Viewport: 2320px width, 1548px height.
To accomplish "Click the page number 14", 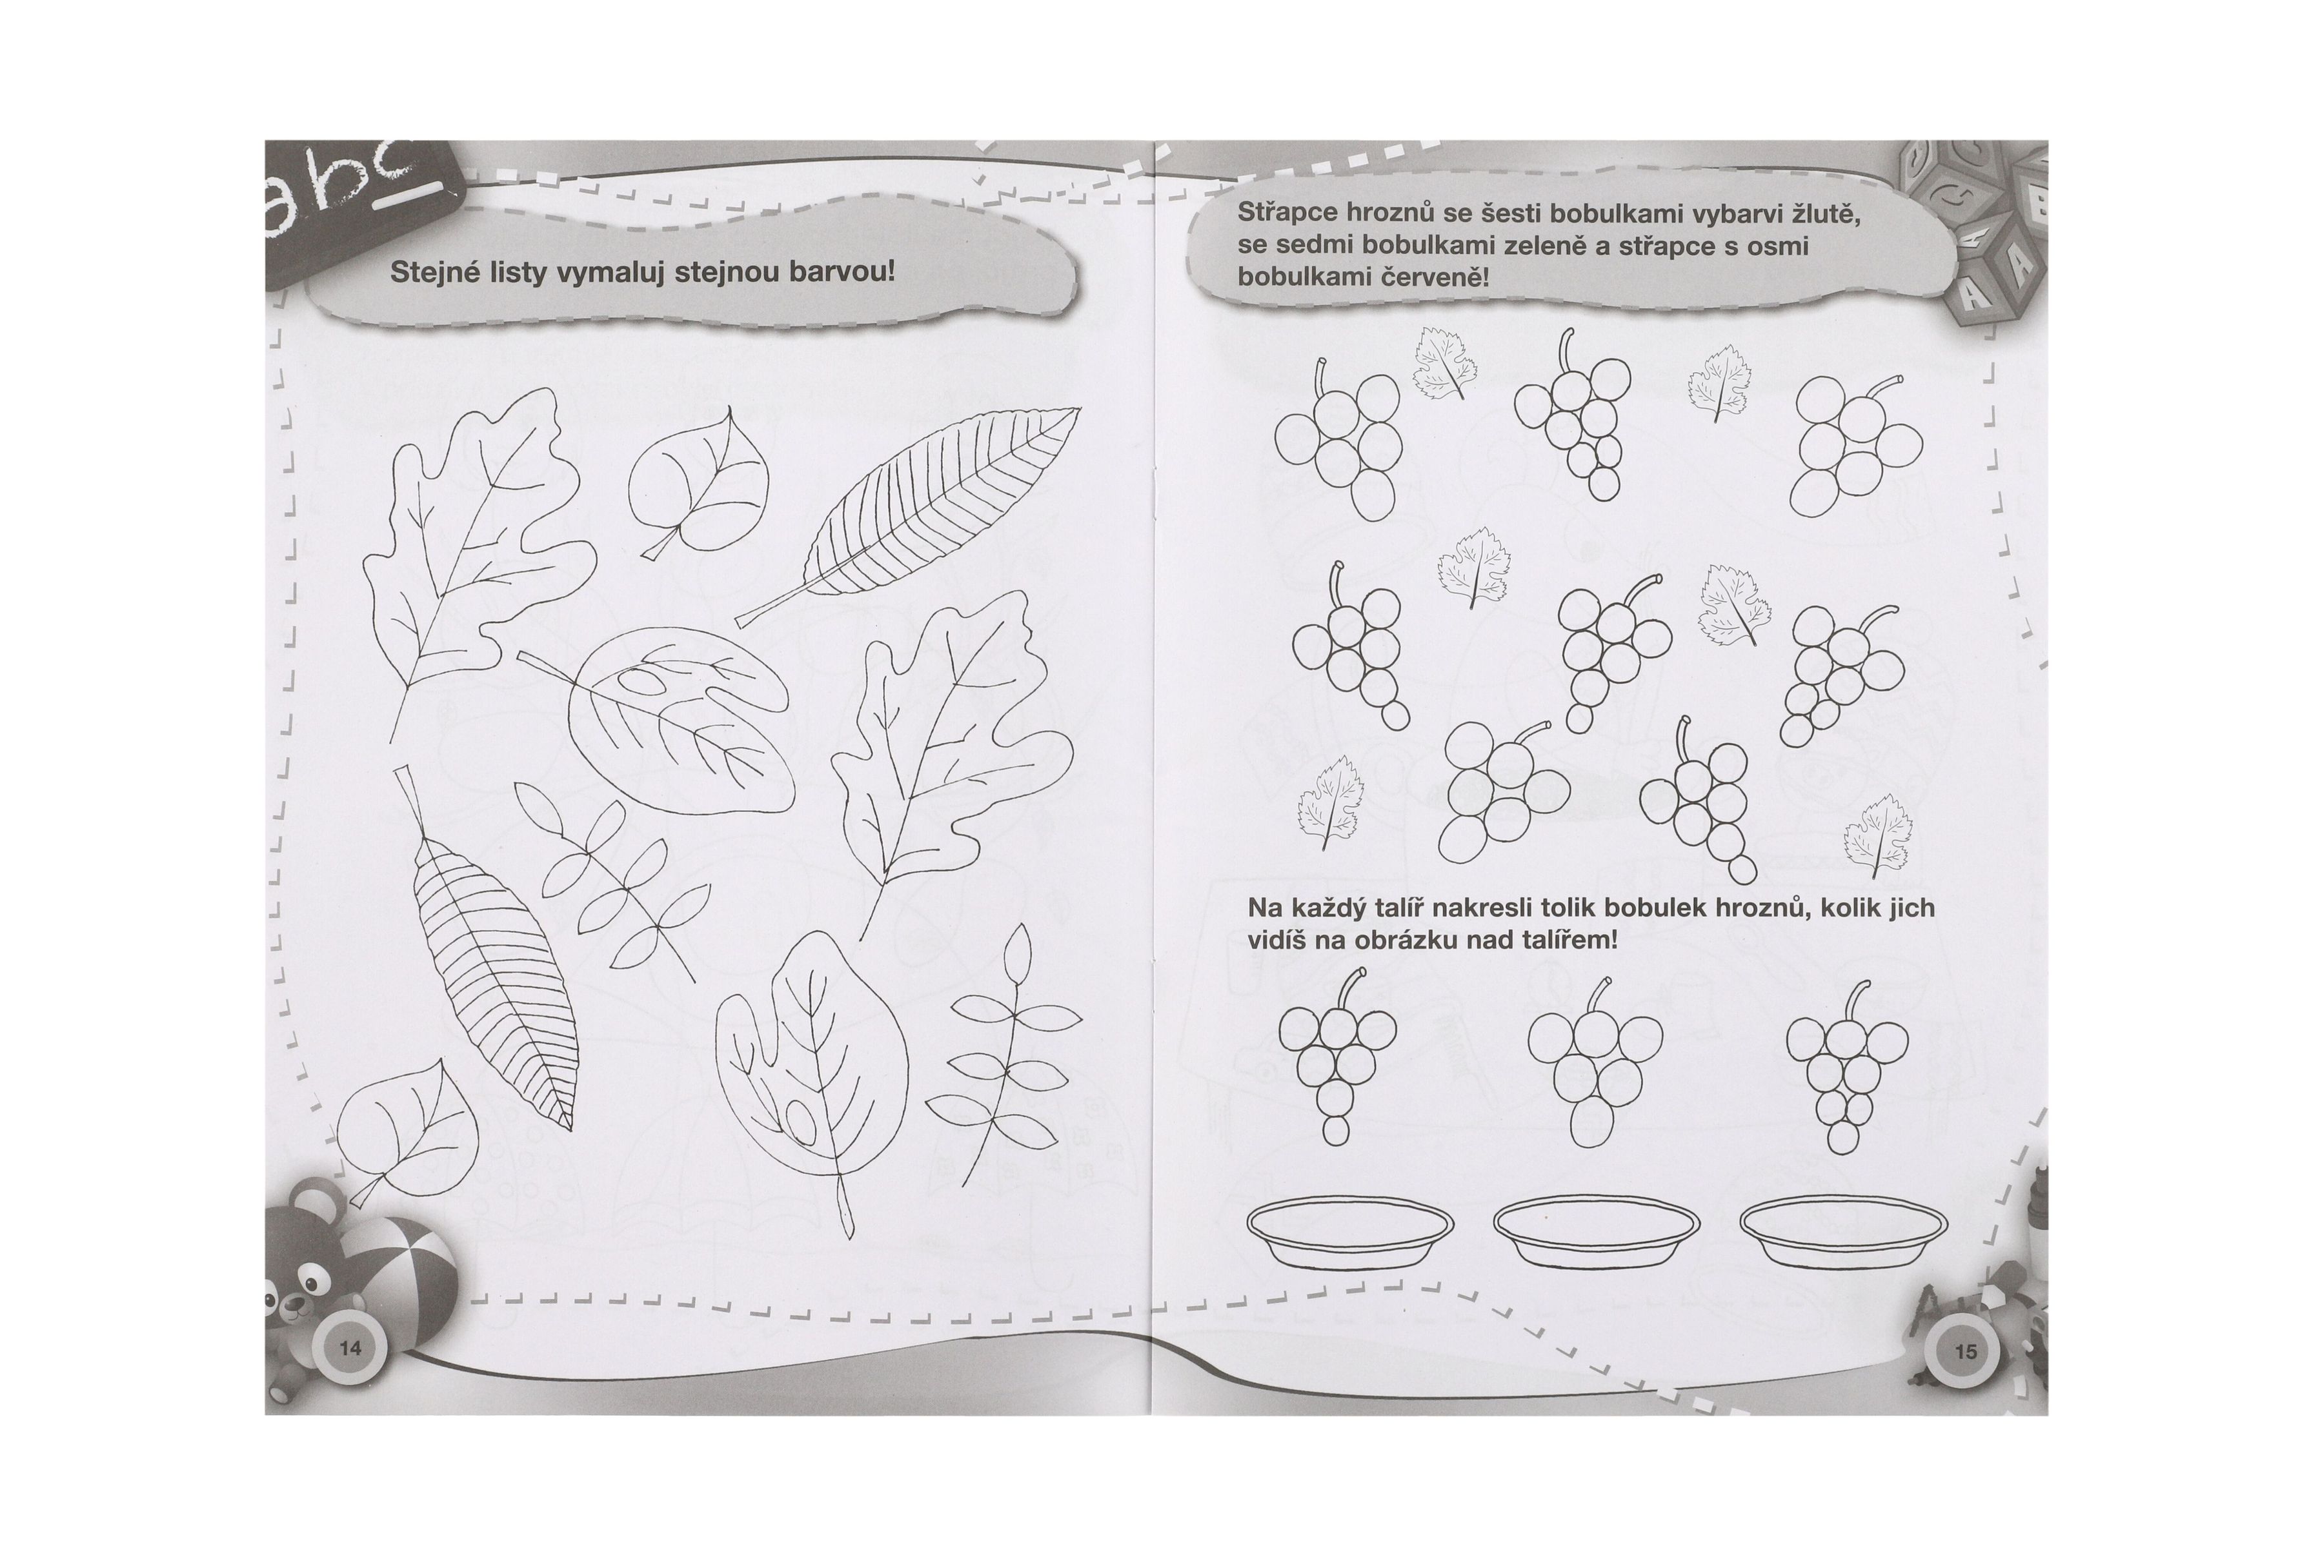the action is tap(350, 1349).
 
